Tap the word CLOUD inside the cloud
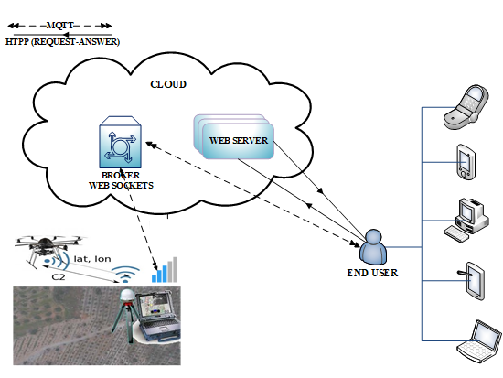pos(167,84)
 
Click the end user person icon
pos(373,246)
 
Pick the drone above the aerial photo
pos(46,247)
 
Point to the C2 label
pos(58,275)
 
